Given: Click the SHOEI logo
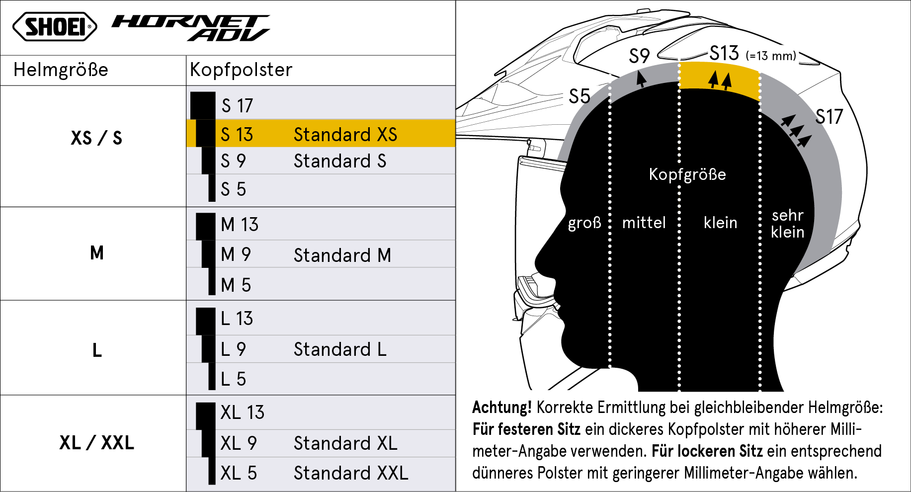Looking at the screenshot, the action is (x=55, y=27).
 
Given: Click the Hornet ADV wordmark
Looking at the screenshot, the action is (x=191, y=28).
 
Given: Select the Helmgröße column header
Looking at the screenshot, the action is (x=61, y=70).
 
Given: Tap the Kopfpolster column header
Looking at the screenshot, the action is (x=241, y=70).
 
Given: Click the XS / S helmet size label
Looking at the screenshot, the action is (x=96, y=138).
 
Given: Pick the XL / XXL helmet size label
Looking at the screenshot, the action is (x=97, y=442).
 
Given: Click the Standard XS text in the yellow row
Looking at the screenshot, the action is (x=345, y=135).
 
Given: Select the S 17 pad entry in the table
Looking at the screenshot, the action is (x=237, y=106).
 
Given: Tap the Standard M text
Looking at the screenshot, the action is (x=342, y=255).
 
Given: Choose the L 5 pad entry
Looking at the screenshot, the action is (x=234, y=379).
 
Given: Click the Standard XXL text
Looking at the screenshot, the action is (x=351, y=473).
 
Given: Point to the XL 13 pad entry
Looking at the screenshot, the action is (x=243, y=412).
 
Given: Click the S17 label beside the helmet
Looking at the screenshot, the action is (x=829, y=117).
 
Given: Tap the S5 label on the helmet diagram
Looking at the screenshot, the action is (x=580, y=96).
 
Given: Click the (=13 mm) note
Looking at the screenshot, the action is (x=771, y=56).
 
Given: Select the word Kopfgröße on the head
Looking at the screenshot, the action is (x=687, y=174).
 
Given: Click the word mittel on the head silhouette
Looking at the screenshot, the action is (x=644, y=223).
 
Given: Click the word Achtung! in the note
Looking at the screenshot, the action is (x=502, y=408).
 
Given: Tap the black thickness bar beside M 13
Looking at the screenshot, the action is (x=206, y=226).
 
